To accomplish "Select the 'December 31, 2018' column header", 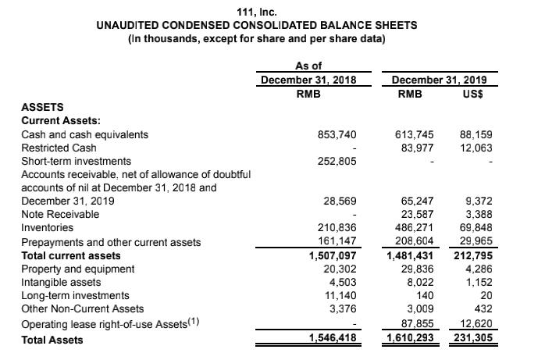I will click(308, 80).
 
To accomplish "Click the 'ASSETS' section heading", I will click(44, 107).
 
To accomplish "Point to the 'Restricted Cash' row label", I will click(59, 148).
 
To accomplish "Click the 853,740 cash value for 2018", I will click(338, 134).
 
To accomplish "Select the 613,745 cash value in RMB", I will click(415, 134).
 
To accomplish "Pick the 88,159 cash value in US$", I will click(476, 134).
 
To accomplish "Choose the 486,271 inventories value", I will click(415, 227).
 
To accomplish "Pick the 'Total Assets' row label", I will click(52, 340).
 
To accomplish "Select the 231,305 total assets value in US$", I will click(473, 339).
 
